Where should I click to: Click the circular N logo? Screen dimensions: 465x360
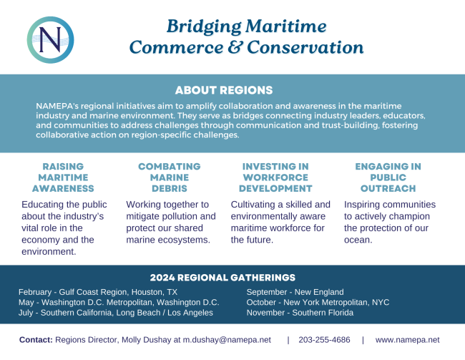[x=50, y=40]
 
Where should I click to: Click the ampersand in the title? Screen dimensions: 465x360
[x=235, y=47]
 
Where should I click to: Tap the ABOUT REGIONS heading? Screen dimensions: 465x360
[x=224, y=90]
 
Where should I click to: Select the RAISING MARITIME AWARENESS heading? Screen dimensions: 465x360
[x=63, y=177]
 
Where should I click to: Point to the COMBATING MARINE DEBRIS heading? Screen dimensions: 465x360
[x=170, y=177]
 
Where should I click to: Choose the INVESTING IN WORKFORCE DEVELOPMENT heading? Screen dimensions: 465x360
[x=275, y=177]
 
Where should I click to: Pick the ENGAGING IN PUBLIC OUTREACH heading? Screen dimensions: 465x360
[x=388, y=177]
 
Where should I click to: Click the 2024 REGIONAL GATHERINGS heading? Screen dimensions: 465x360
[x=222, y=278]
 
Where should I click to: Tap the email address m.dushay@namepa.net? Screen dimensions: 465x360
[x=227, y=340]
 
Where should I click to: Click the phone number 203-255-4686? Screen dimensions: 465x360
[x=325, y=340]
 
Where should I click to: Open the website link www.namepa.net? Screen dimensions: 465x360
[x=408, y=340]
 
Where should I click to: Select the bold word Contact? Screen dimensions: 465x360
[x=36, y=340]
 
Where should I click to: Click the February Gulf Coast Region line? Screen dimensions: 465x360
[x=98, y=292]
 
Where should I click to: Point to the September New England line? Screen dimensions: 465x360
[x=295, y=292]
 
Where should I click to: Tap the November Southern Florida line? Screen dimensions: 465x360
[x=300, y=313]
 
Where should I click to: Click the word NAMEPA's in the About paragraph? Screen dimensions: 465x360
[x=57, y=106]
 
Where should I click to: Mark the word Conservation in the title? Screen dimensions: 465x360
[x=305, y=47]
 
